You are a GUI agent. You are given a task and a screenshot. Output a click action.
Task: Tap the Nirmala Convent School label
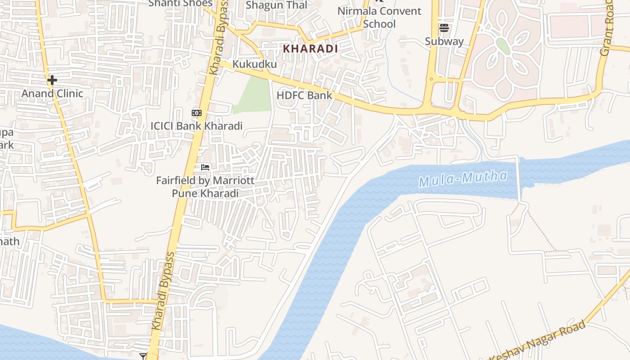(379, 17)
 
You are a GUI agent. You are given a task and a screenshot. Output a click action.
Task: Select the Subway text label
(444, 41)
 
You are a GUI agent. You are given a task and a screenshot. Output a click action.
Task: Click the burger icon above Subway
(444, 28)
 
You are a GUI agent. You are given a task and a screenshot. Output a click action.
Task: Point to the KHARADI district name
(310, 49)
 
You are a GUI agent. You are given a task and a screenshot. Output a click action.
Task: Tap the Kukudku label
(254, 64)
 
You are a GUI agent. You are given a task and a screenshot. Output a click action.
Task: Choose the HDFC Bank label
(304, 95)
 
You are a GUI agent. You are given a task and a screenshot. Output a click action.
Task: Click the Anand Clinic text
(53, 94)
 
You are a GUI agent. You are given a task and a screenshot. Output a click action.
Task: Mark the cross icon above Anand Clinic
(52, 81)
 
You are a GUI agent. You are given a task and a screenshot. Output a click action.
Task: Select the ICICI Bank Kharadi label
(197, 126)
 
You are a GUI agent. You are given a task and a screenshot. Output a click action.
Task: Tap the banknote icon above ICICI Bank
(197, 113)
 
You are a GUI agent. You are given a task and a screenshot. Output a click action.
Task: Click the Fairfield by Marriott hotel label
(205, 187)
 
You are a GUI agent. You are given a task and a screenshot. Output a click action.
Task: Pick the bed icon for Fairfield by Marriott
(205, 167)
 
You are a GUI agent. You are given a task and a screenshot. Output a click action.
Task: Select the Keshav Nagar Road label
(538, 341)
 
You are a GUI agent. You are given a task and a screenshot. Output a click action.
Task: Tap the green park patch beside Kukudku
(254, 95)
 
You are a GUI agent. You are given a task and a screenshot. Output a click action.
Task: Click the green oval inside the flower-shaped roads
(503, 46)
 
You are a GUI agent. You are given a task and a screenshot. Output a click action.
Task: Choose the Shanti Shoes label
(180, 3)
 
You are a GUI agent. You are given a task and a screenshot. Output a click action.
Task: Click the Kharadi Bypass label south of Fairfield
(163, 291)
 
